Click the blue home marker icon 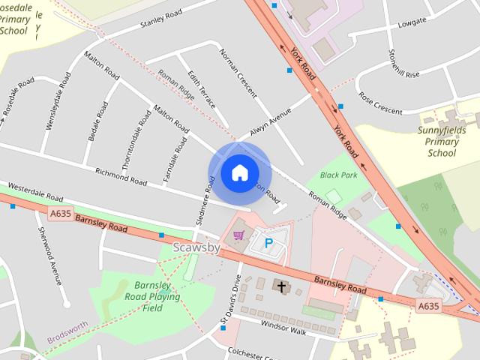239,173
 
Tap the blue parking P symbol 268,243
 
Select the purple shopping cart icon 238,235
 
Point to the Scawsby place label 196,248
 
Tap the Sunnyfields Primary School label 442,142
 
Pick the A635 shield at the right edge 428,305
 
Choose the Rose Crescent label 380,103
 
